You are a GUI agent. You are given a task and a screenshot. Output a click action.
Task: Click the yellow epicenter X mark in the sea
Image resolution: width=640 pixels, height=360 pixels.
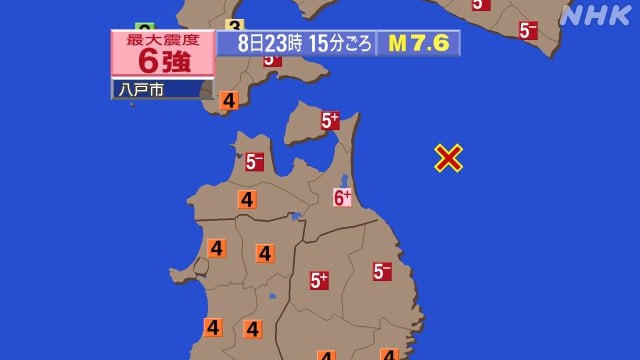point(449,157)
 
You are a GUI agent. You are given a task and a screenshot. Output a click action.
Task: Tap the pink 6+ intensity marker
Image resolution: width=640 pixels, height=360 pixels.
point(342,198)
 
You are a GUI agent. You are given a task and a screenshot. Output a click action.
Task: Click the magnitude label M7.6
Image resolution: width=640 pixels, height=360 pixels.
point(418,43)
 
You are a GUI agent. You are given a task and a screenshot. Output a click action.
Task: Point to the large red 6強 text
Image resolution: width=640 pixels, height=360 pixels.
point(162,59)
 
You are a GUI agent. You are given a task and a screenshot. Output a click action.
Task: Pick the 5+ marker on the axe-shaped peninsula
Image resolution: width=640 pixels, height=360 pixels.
point(330,121)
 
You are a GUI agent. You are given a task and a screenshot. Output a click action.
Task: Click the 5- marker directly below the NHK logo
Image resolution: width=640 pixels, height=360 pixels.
point(528,30)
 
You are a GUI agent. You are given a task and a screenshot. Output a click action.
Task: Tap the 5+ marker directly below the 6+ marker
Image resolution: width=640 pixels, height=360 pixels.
point(319,281)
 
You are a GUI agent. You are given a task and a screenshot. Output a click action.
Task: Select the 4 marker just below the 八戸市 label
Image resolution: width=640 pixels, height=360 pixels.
point(228,100)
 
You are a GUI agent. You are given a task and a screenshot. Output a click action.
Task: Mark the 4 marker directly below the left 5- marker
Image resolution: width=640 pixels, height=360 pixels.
point(247,199)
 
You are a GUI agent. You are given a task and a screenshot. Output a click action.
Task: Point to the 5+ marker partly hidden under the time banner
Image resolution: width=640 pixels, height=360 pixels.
point(272,59)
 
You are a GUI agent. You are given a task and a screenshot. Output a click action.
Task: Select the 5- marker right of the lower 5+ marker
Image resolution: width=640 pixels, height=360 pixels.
point(382,271)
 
